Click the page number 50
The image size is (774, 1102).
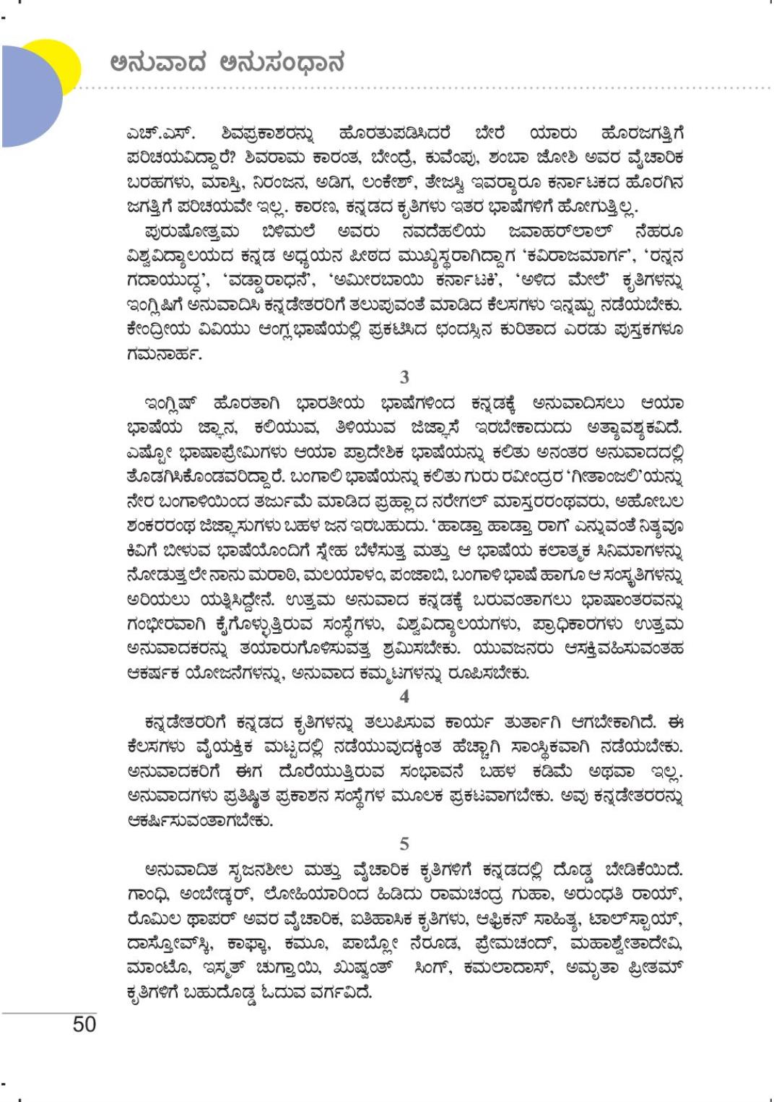click(84, 1025)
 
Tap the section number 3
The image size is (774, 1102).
click(404, 376)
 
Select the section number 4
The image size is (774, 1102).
click(404, 696)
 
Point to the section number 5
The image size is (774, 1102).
click(404, 843)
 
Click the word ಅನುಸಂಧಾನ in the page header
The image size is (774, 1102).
click(281, 64)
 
